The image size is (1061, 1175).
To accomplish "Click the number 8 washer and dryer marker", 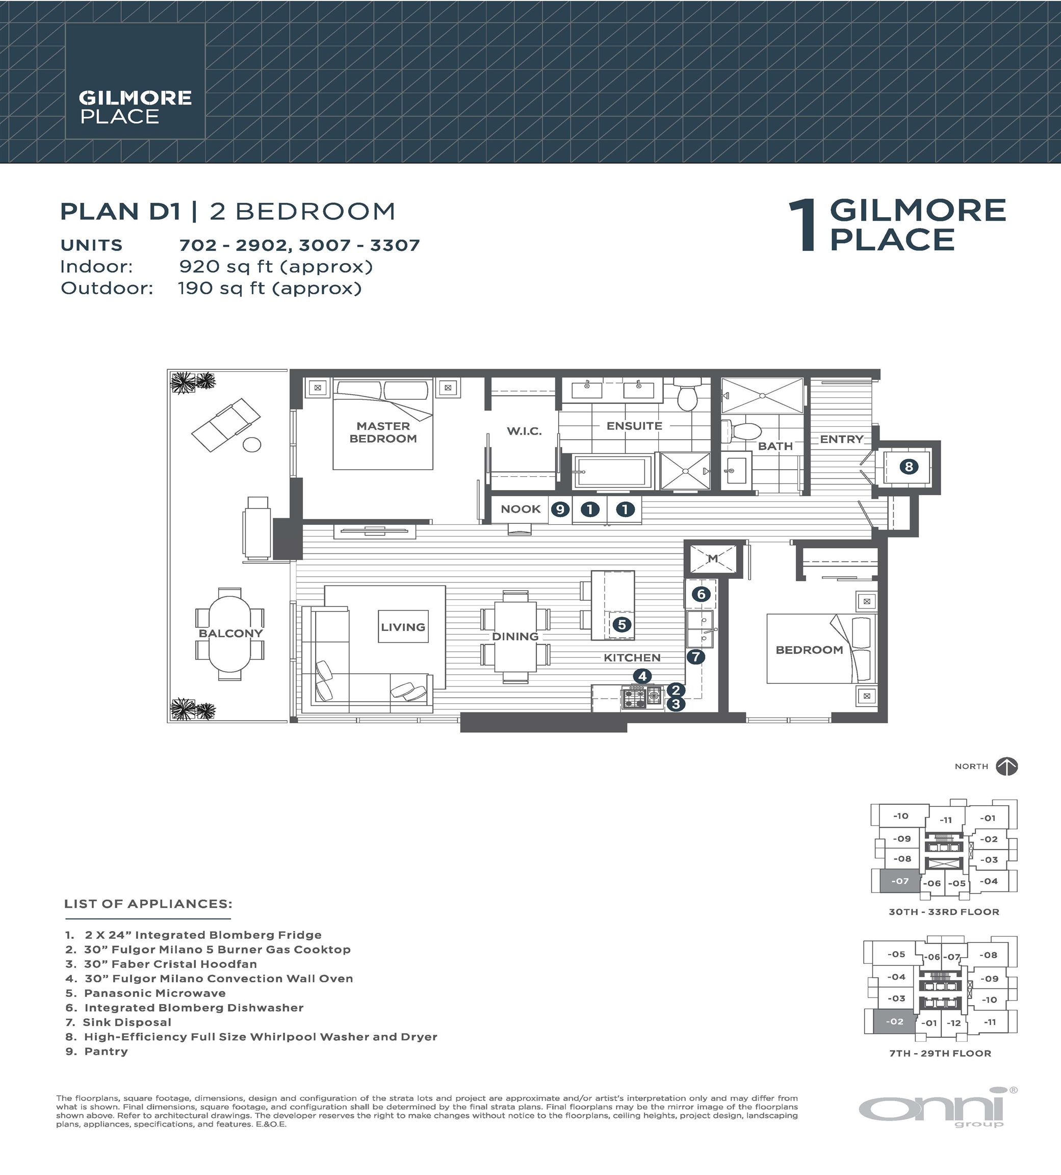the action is click(x=909, y=466).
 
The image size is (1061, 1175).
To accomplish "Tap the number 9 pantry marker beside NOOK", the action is click(x=560, y=509).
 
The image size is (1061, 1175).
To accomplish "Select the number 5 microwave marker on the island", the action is click(x=622, y=625).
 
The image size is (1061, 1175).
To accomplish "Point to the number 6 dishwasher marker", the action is click(x=701, y=595).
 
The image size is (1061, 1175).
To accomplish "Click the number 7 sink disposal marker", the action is click(x=695, y=657).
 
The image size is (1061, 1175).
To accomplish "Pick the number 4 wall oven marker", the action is click(x=642, y=676).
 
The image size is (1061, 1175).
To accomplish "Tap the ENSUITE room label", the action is click(x=634, y=426).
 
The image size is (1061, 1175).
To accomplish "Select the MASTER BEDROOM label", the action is click(x=383, y=432).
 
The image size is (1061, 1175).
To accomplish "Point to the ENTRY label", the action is click(x=841, y=440).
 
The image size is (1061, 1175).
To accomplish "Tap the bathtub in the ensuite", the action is click(x=612, y=471).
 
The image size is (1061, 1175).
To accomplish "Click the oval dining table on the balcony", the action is click(x=229, y=633).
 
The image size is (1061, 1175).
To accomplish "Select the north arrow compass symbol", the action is click(x=1007, y=766).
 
